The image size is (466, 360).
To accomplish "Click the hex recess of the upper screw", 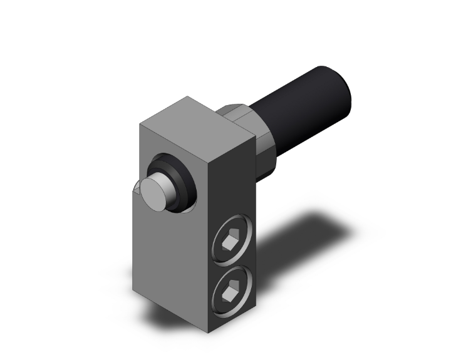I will [230, 240].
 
